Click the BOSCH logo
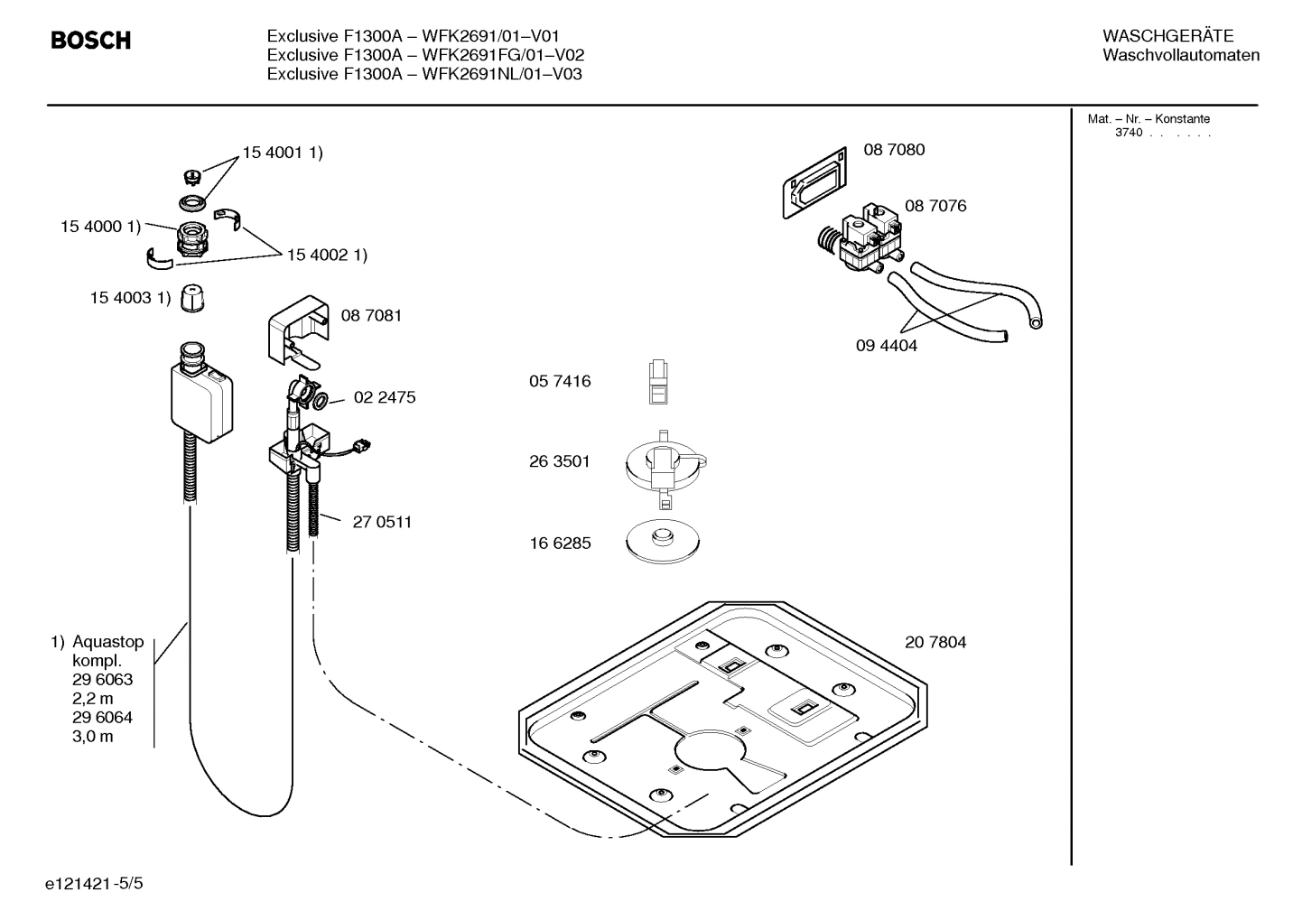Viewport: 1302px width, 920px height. click(90, 41)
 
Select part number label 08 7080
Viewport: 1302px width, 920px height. click(894, 150)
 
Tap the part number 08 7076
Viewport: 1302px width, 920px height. click(935, 206)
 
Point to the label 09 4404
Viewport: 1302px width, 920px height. click(886, 346)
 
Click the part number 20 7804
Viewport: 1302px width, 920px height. click(935, 643)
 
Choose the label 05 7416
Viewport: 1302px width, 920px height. click(560, 382)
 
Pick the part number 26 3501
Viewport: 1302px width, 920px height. click(559, 461)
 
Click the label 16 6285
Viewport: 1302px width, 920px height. click(560, 544)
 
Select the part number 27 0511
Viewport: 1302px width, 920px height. click(382, 522)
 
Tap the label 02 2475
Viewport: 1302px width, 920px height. click(385, 397)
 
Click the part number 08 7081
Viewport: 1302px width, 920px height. click(371, 315)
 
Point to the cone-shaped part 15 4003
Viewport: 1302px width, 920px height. click(191, 298)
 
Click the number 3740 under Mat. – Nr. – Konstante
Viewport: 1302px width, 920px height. click(1128, 133)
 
